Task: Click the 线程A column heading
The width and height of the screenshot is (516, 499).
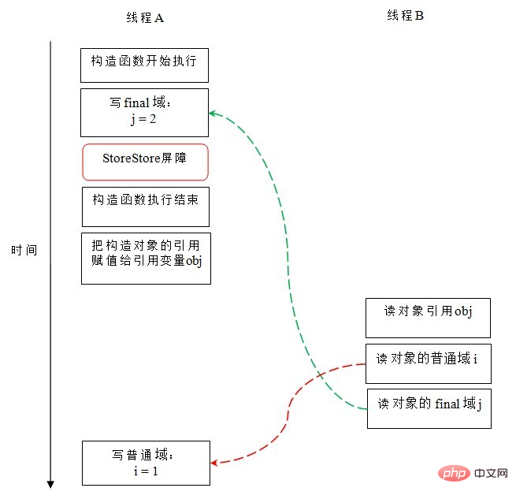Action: [145, 17]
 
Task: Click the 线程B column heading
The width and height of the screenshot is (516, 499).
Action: [405, 16]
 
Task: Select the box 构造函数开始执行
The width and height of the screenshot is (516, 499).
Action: [144, 65]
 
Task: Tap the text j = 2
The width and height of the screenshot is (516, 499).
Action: [143, 119]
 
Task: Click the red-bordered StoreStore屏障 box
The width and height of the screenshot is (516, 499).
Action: [145, 162]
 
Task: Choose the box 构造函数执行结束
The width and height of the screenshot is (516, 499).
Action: [146, 207]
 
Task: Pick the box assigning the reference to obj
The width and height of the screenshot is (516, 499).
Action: [146, 259]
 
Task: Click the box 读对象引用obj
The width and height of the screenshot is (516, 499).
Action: [428, 318]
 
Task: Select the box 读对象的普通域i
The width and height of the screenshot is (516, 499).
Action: [429, 363]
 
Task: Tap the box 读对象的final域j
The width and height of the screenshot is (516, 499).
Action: [429, 409]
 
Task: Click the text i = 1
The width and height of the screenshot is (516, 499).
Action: [146, 471]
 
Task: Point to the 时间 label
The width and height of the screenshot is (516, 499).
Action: [24, 251]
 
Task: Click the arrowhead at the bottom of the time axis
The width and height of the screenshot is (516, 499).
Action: [50, 484]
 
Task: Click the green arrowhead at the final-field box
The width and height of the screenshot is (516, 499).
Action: [212, 114]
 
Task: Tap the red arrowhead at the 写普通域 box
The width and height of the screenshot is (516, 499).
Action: [214, 463]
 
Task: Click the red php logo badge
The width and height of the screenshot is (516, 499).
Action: [454, 474]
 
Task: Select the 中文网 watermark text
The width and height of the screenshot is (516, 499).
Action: [491, 473]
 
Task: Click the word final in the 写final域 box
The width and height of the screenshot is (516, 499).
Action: [137, 102]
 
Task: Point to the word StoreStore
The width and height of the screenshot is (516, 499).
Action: [132, 158]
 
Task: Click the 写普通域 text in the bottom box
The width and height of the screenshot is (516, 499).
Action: [143, 455]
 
